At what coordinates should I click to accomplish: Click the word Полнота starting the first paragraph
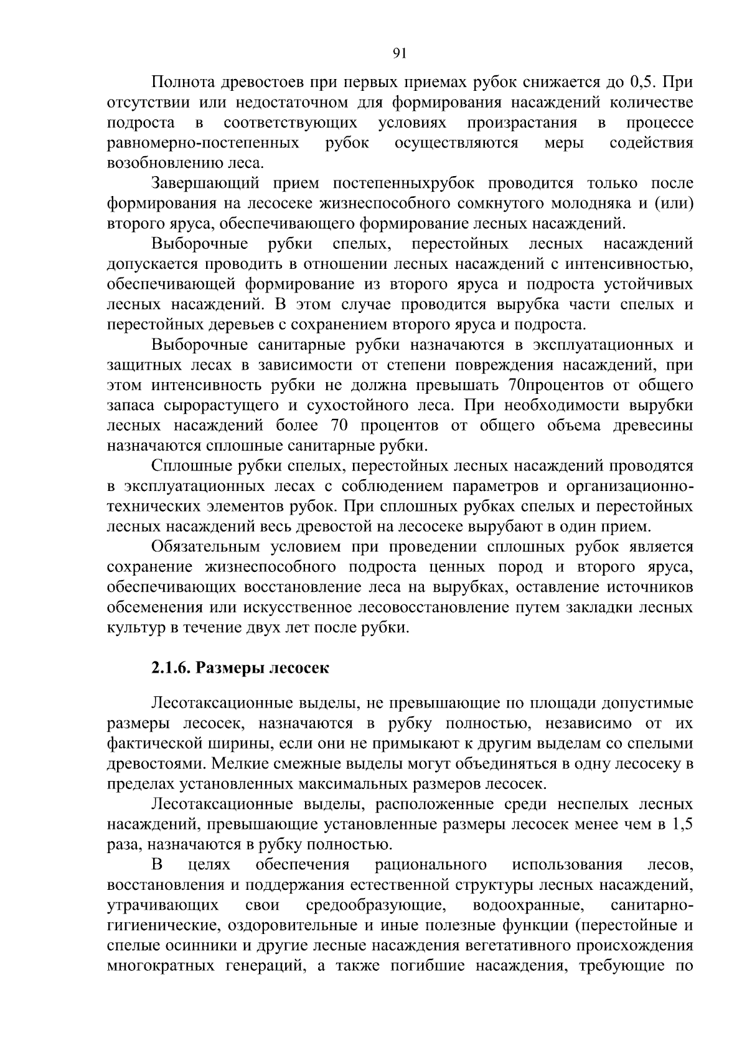point(182,82)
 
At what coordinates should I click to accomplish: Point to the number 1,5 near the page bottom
point(683,825)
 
